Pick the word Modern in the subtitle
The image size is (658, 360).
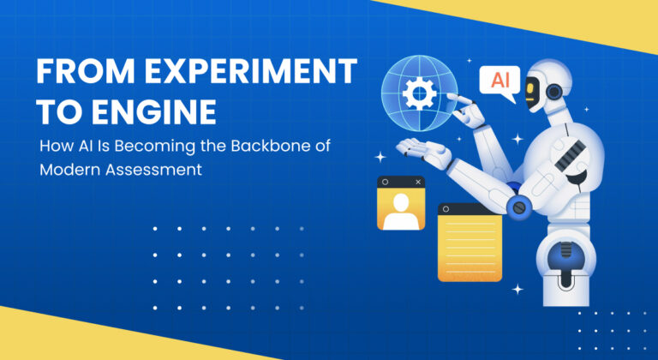(x=68, y=169)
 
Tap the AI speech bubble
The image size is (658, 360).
(x=499, y=81)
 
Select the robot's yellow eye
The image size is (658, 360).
(x=540, y=87)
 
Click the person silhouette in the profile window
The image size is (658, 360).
(x=401, y=209)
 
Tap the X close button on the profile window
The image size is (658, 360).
(x=418, y=183)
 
